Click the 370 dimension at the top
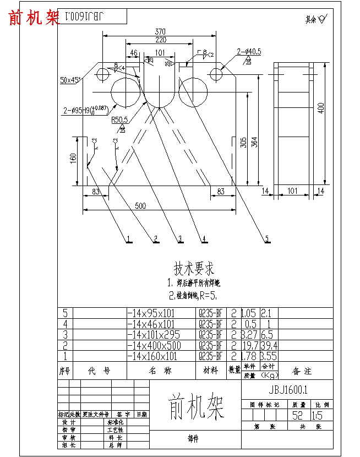(x=161, y=32)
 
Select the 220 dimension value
(x=160, y=40)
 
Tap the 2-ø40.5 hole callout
(x=249, y=52)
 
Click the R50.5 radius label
(x=119, y=119)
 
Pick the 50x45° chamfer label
(x=70, y=80)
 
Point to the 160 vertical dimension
(x=73, y=159)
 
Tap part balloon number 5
(x=267, y=239)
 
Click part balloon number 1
(x=128, y=239)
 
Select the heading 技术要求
(x=194, y=270)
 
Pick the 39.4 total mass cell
(x=269, y=346)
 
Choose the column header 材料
(x=210, y=371)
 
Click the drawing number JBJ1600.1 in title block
(x=287, y=390)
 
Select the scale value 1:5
(x=318, y=416)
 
